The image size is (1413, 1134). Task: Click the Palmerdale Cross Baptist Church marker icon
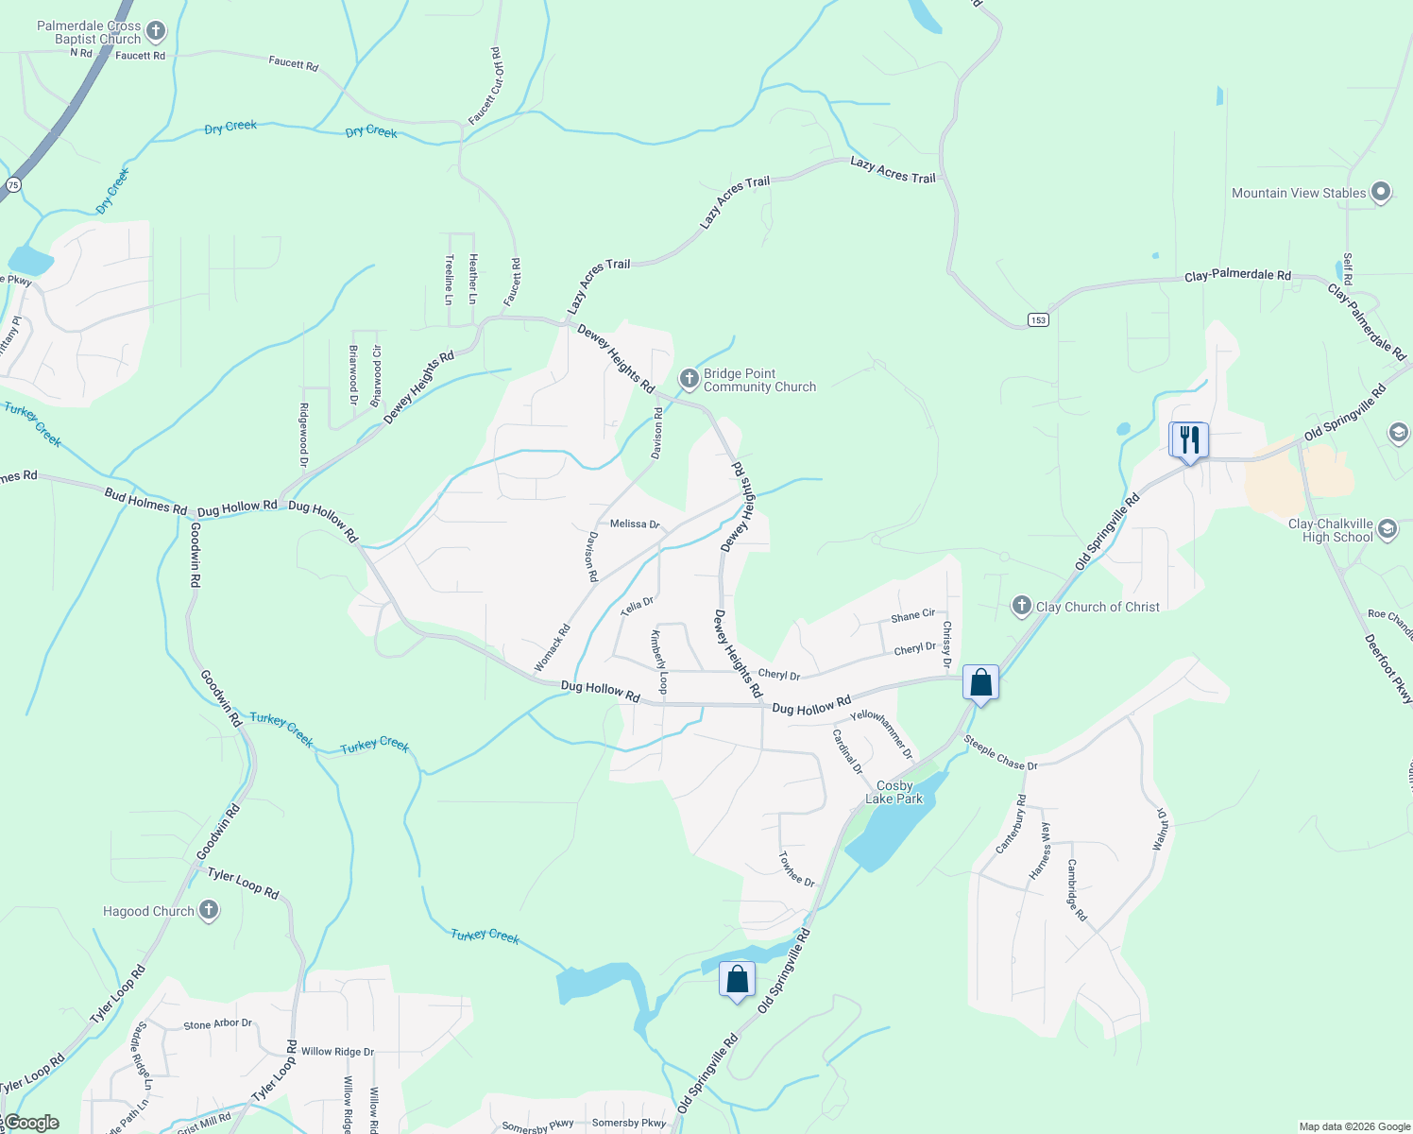pos(156,32)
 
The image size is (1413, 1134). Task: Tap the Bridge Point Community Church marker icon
pos(689,379)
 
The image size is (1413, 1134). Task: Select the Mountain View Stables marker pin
pos(1380,193)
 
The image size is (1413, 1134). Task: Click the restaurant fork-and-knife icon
pos(1190,439)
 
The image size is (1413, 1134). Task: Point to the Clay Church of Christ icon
pos(1021,606)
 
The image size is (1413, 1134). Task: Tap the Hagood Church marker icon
pos(209,910)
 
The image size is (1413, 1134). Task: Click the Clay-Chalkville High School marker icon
pos(1387,528)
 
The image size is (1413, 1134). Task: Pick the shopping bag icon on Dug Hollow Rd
pos(981,682)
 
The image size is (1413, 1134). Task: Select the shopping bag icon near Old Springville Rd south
pos(737,979)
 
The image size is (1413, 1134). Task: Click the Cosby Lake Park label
pos(894,792)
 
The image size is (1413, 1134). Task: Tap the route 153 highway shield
pos(1039,320)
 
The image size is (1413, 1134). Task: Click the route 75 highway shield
pos(13,185)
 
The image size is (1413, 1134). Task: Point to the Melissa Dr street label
pos(635,524)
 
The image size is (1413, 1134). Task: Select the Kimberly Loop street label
pos(658,661)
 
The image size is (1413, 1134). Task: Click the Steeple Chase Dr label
pos(1001,752)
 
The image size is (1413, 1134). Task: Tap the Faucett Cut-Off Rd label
pos(486,86)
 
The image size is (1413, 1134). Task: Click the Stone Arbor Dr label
pos(217,1024)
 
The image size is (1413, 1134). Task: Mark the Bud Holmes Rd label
pos(145,501)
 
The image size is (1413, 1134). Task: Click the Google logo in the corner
pos(30,1123)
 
